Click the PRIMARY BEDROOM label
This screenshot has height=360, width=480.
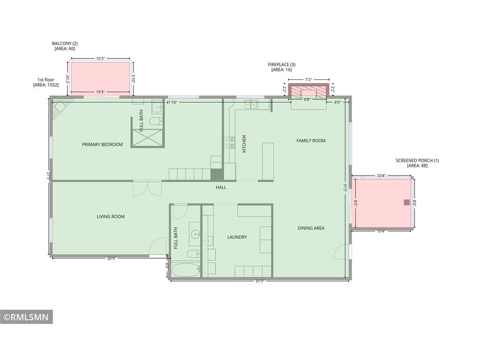(102, 144)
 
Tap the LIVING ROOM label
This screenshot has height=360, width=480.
(111, 217)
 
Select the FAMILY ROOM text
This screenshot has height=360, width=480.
(311, 141)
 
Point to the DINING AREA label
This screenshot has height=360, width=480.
(311, 228)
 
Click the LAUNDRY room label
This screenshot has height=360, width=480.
(237, 237)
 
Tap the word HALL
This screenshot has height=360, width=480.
(221, 187)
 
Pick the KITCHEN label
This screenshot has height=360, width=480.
(244, 144)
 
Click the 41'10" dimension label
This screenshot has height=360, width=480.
(172, 102)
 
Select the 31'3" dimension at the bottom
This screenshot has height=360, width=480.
(260, 281)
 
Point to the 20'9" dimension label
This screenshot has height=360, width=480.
(111, 259)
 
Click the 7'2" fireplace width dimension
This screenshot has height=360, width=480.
(308, 80)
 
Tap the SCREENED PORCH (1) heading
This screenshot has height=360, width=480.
(417, 160)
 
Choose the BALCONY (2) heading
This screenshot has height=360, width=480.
(65, 44)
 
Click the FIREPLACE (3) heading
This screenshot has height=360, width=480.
(282, 65)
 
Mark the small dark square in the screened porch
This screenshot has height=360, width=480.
(407, 202)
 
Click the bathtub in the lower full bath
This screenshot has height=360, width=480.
(186, 270)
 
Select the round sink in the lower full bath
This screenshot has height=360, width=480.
(195, 235)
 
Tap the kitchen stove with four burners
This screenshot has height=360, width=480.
(230, 142)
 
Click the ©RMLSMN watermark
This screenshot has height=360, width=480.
(26, 317)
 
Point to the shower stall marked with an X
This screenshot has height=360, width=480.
(148, 138)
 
